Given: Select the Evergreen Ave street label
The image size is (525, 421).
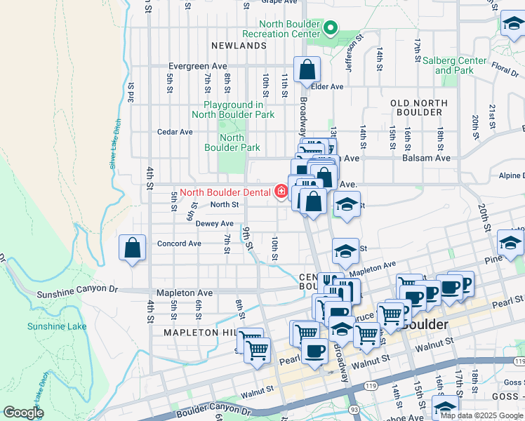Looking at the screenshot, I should click(x=197, y=67).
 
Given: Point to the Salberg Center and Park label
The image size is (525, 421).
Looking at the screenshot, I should click(x=454, y=65).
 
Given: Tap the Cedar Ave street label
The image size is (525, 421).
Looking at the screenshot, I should click(x=175, y=132).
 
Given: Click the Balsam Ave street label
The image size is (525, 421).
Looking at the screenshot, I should click(x=426, y=159).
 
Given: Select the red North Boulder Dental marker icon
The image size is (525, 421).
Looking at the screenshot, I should click(x=281, y=192).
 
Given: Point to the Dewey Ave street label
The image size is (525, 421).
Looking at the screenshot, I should click(x=214, y=224).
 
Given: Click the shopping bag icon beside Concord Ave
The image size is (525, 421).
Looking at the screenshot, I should click(x=133, y=248).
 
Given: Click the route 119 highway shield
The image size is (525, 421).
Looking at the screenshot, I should click(x=369, y=385).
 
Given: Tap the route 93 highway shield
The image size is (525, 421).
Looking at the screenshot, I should click(x=351, y=409).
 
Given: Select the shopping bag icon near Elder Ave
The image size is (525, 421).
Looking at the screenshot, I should click(x=307, y=69).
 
